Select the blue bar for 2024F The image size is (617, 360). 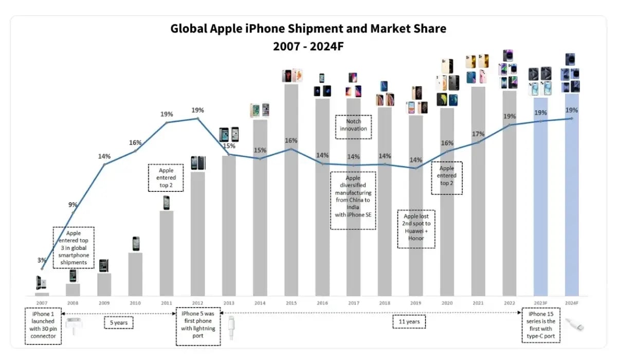click(x=572, y=195)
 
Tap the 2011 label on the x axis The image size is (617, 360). click(x=167, y=303)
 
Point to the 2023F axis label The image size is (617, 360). click(x=540, y=303)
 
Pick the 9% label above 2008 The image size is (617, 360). click(x=73, y=205)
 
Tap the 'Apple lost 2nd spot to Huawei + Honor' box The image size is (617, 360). click(x=416, y=228)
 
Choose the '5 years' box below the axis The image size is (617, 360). click(x=118, y=323)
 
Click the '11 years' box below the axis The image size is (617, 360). click(x=409, y=322)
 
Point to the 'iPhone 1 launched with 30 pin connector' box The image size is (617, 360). click(x=43, y=326)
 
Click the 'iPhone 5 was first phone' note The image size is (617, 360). click(x=198, y=326)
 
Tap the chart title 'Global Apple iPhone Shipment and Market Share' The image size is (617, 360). click(x=308, y=29)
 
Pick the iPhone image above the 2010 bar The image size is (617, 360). click(x=136, y=243)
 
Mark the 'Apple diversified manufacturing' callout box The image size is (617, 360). click(x=353, y=200)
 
